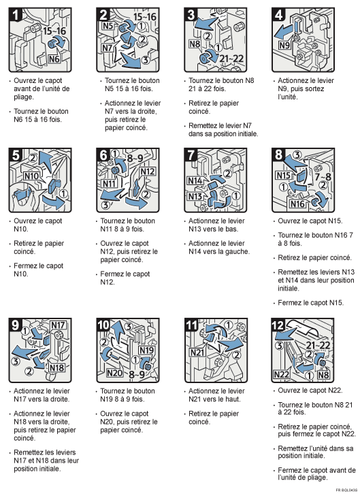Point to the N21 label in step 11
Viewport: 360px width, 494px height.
coord(197,352)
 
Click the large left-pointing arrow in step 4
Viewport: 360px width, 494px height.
coord(282,31)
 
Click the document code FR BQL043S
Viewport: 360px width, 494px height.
coord(346,489)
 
